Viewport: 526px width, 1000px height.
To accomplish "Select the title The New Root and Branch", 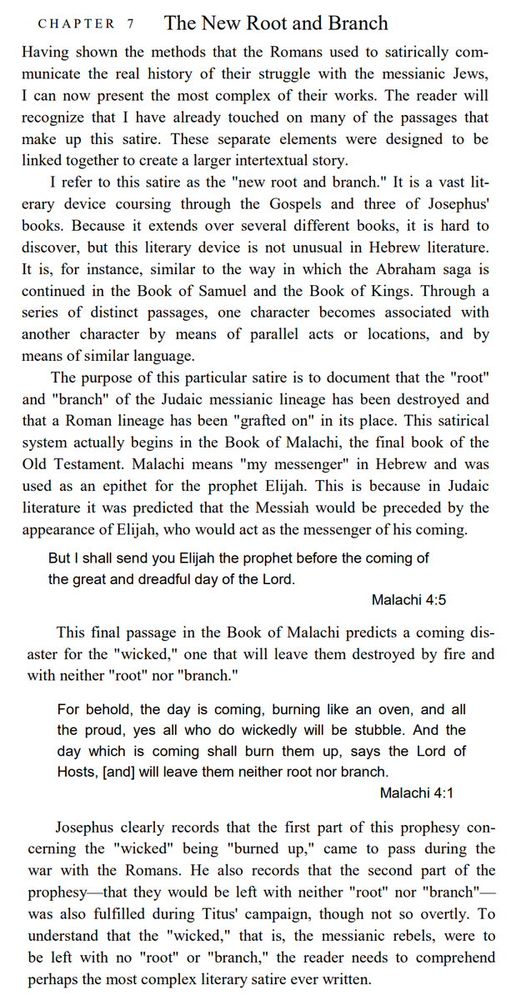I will [276, 22].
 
